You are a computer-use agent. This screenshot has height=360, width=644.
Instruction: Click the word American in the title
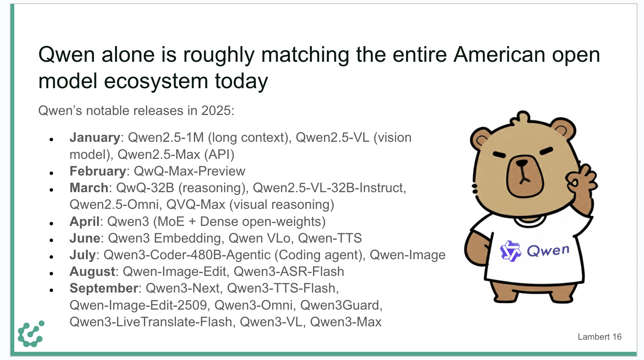(x=499, y=54)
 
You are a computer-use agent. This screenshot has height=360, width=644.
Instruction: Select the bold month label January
(x=95, y=138)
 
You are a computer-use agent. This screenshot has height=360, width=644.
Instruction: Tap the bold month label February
(x=98, y=171)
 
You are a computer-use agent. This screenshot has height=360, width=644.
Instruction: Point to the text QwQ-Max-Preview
(x=189, y=171)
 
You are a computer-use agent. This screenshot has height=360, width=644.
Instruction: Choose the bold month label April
(x=85, y=222)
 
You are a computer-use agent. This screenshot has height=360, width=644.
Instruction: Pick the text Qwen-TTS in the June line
(x=330, y=238)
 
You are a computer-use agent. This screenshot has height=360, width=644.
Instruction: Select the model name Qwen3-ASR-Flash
(x=289, y=271)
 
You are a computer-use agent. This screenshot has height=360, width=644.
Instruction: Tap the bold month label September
(x=104, y=288)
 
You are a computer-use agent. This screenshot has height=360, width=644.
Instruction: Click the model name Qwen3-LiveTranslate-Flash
(x=151, y=322)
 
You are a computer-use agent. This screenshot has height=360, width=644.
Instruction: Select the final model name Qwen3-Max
(x=346, y=322)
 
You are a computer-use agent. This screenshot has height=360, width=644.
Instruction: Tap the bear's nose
(x=522, y=163)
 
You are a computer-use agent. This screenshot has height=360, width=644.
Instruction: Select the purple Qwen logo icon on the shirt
(x=510, y=251)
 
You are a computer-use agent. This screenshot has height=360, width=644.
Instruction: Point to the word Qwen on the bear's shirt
(x=548, y=251)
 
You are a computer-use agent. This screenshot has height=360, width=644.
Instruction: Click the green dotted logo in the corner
(x=31, y=334)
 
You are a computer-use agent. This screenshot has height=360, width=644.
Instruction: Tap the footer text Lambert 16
(x=599, y=337)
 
